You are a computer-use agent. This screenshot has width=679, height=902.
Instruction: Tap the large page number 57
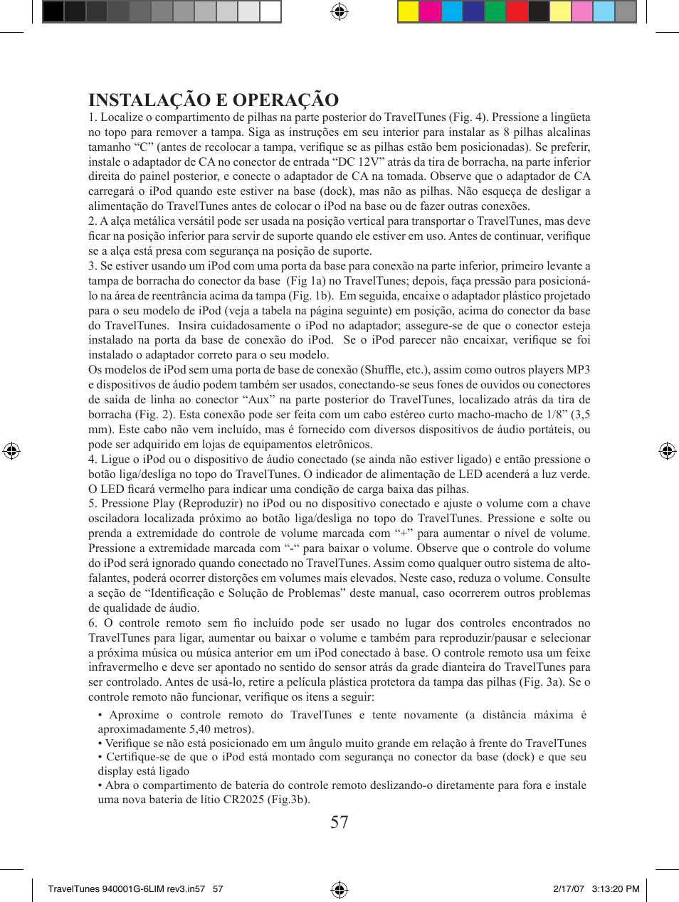[x=339, y=822]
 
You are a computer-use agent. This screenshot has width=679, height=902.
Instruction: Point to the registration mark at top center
[x=339, y=11]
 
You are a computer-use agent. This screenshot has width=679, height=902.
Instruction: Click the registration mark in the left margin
[x=11, y=451]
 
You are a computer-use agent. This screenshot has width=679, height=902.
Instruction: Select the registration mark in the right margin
[x=667, y=451]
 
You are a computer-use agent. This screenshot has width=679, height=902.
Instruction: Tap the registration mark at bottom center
[x=339, y=889]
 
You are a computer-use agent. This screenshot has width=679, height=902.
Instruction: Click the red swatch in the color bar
[x=517, y=11]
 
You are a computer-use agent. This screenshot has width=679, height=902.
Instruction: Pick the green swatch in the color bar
[x=495, y=11]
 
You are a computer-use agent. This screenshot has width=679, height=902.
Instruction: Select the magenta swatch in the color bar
[x=430, y=11]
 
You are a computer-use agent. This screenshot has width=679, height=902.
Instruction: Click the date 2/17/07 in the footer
[x=568, y=888]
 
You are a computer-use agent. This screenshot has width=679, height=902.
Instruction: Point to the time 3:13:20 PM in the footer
[x=615, y=888]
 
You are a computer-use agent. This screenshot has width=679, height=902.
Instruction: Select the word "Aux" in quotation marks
[x=260, y=400]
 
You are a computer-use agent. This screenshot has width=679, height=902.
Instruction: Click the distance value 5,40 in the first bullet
[x=203, y=729]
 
